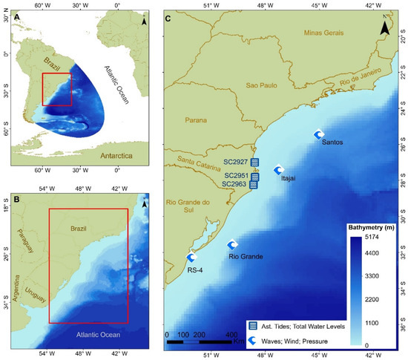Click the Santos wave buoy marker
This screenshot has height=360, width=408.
(319, 134)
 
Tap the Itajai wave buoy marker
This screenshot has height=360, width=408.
(279, 169)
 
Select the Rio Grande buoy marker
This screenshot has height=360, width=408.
(231, 245)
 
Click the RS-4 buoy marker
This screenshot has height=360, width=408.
(191, 258)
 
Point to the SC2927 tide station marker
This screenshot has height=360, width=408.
(255, 162)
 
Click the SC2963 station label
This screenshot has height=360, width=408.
(235, 184)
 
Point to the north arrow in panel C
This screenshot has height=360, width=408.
(383, 27)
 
